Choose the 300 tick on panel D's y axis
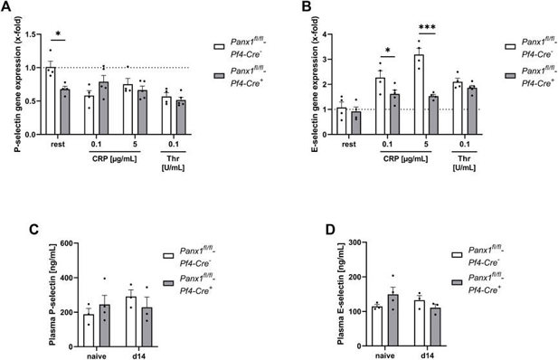pos(345,242)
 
